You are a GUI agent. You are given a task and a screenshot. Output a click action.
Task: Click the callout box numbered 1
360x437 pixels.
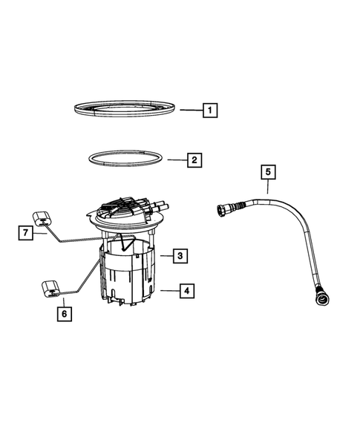pos(211,111)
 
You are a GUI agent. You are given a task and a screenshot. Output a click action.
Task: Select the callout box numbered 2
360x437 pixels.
pos(194,160)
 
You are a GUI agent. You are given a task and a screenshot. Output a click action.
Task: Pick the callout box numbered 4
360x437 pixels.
pos(187,292)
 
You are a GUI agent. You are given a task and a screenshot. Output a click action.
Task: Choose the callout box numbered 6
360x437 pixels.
pos(63,315)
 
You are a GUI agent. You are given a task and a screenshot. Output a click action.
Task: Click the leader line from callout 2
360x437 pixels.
pos(175,160)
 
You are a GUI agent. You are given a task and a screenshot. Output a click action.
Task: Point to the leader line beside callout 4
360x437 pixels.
pos(168,292)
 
